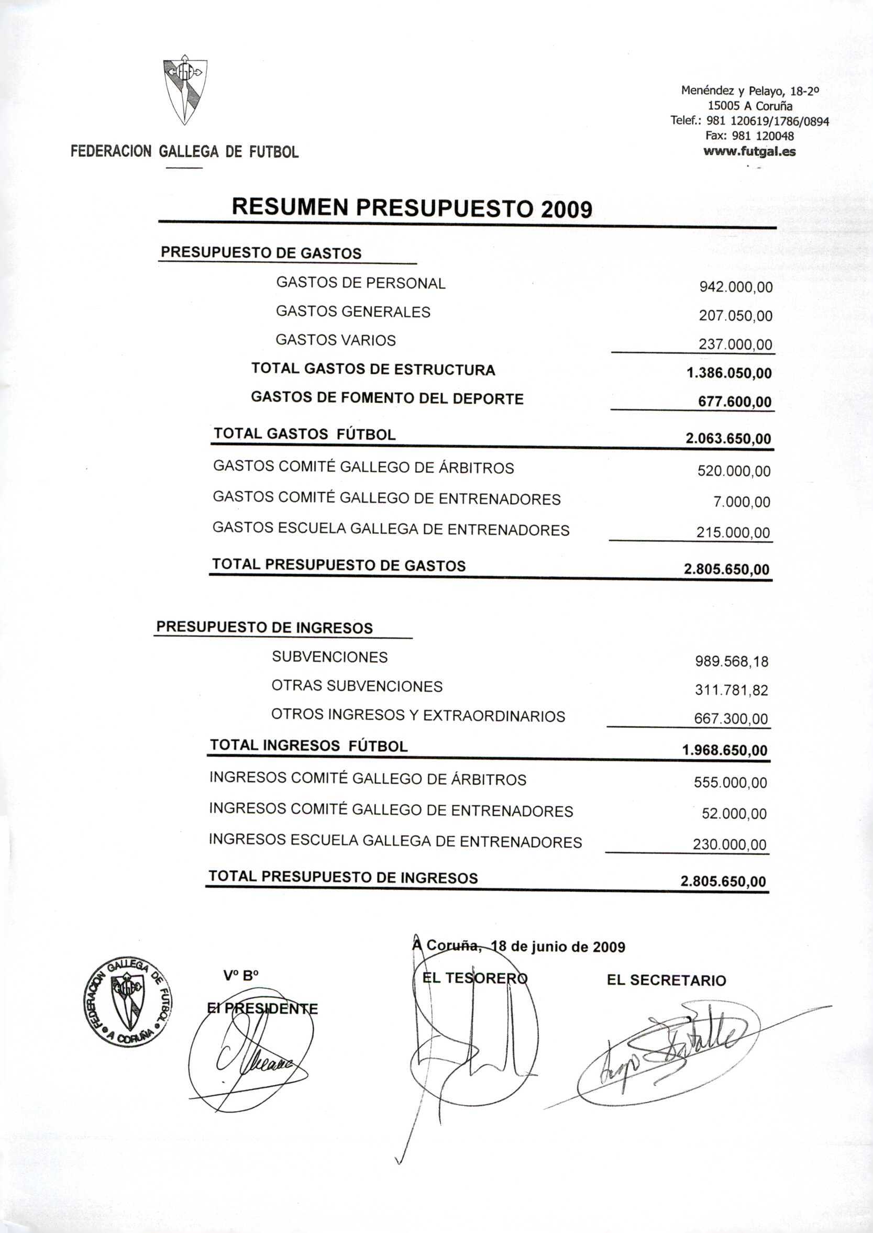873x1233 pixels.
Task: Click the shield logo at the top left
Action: click(x=184, y=92)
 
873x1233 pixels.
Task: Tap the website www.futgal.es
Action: click(x=749, y=151)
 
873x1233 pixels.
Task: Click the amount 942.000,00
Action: click(x=735, y=287)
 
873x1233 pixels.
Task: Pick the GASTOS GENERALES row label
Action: click(x=352, y=312)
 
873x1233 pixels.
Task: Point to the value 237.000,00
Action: click(x=735, y=344)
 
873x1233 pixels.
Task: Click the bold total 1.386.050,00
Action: click(x=729, y=373)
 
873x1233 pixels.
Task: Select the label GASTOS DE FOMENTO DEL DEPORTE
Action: click(x=386, y=399)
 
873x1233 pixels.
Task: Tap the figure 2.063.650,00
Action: click(x=728, y=439)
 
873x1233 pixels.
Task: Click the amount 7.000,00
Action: click(x=742, y=502)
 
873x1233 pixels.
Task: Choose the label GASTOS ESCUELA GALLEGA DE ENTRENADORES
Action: click(x=391, y=529)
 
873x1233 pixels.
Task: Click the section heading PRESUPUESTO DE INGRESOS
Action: click(x=264, y=628)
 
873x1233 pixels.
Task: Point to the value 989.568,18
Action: click(x=732, y=661)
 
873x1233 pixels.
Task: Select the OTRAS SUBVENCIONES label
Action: click(x=357, y=686)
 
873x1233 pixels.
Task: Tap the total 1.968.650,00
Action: click(x=725, y=750)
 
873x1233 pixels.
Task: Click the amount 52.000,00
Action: click(x=734, y=814)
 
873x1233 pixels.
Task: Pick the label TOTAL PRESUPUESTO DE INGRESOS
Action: click(x=343, y=877)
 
